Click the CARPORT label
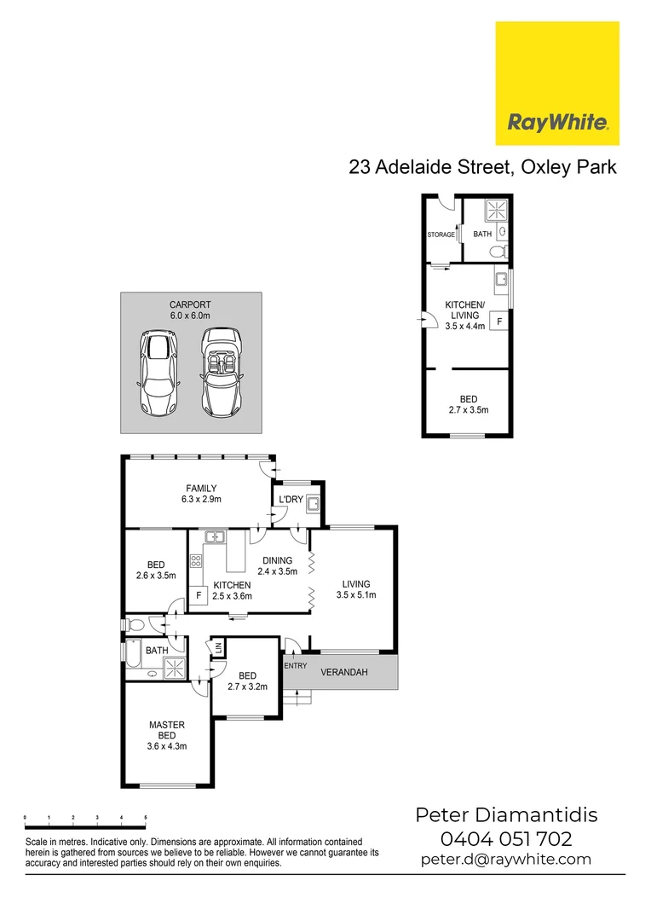[x=190, y=304]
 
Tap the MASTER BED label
[x=167, y=731]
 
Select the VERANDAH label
[x=343, y=672]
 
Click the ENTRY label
[x=295, y=665]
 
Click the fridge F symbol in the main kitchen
[x=199, y=594]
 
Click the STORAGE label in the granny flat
[x=441, y=235]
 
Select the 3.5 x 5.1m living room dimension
[x=356, y=595]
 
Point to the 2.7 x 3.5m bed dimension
[x=469, y=410]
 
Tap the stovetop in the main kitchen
[x=196, y=560]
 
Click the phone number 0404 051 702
[x=506, y=838]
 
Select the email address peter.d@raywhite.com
[x=506, y=860]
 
